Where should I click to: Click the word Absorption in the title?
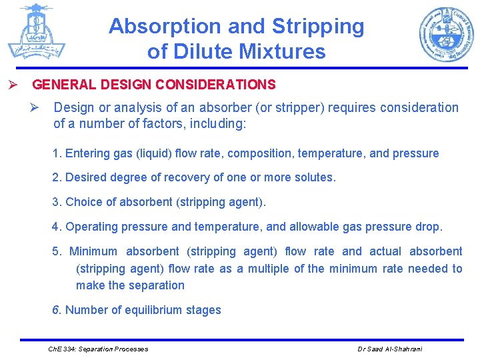165,27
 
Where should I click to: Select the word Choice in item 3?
83,202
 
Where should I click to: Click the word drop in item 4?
427,227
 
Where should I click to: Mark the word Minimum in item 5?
93,251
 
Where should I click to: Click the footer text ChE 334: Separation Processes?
99,349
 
